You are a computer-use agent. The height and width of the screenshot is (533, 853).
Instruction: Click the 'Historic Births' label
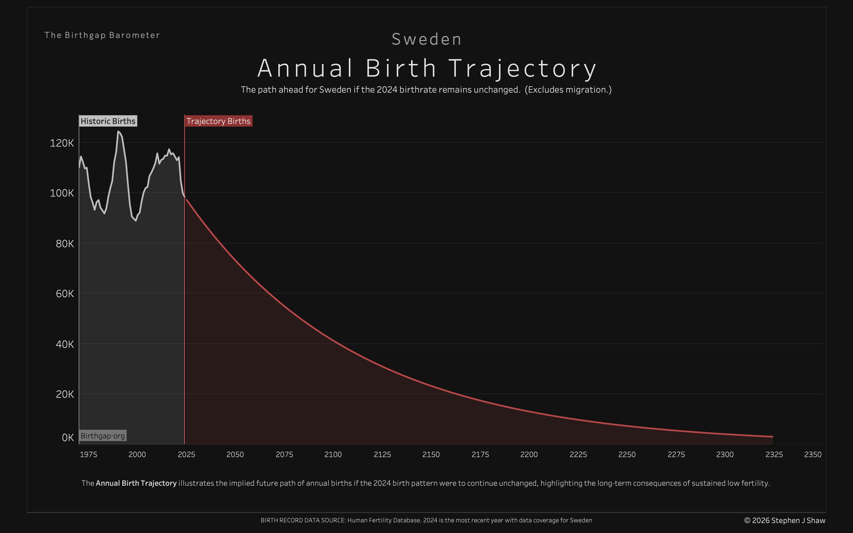click(108, 121)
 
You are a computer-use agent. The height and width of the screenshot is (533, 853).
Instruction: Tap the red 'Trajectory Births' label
click(218, 121)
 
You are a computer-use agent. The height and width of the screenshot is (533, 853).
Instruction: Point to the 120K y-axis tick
click(62, 143)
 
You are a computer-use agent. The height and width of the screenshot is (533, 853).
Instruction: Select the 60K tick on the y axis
click(65, 293)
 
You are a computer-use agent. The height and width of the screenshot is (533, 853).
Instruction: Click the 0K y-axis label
click(68, 437)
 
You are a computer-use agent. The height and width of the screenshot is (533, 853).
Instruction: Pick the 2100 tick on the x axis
click(333, 454)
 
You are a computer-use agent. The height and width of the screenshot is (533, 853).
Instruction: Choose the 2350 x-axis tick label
click(812, 454)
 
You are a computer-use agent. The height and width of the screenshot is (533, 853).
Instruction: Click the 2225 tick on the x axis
click(578, 454)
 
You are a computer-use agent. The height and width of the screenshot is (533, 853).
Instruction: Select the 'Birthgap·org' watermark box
click(103, 436)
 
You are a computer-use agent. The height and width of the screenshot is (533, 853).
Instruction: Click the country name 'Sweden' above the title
click(426, 39)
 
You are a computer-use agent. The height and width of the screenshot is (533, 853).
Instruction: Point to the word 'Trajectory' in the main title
click(522, 68)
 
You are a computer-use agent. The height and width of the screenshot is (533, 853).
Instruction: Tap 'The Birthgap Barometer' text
click(102, 35)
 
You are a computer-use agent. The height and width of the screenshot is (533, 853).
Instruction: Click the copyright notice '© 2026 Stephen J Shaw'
click(785, 520)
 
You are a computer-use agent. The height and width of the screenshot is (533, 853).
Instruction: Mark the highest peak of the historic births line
click(118, 132)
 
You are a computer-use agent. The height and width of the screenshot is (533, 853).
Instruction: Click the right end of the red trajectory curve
click(772, 436)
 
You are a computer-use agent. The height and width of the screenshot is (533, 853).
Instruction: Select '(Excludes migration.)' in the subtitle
click(568, 90)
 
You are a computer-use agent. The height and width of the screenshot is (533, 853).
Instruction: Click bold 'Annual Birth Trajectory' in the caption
click(136, 483)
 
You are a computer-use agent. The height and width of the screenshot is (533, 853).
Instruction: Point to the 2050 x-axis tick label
click(235, 454)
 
